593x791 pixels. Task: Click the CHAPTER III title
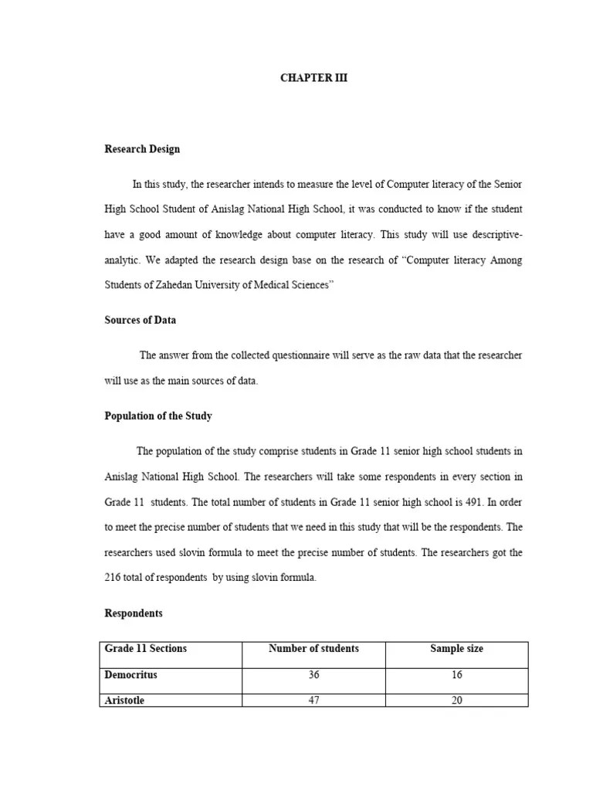(x=313, y=78)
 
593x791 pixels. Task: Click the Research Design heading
(x=142, y=149)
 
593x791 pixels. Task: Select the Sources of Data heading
(x=141, y=320)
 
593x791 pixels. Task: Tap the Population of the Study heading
(x=158, y=416)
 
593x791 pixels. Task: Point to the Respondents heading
(x=134, y=613)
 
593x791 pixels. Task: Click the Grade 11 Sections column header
(x=146, y=649)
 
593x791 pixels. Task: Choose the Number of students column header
(x=313, y=649)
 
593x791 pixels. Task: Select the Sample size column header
(x=456, y=649)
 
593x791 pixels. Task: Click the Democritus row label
(x=131, y=675)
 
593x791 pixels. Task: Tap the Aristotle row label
(x=125, y=701)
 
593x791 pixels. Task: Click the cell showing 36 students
(x=313, y=675)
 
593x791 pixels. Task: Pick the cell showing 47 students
(x=313, y=701)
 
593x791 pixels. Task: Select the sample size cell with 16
(x=456, y=675)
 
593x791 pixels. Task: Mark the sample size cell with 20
(x=456, y=701)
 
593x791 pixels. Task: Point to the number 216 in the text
(x=113, y=578)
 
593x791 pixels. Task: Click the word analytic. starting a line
(x=123, y=260)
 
